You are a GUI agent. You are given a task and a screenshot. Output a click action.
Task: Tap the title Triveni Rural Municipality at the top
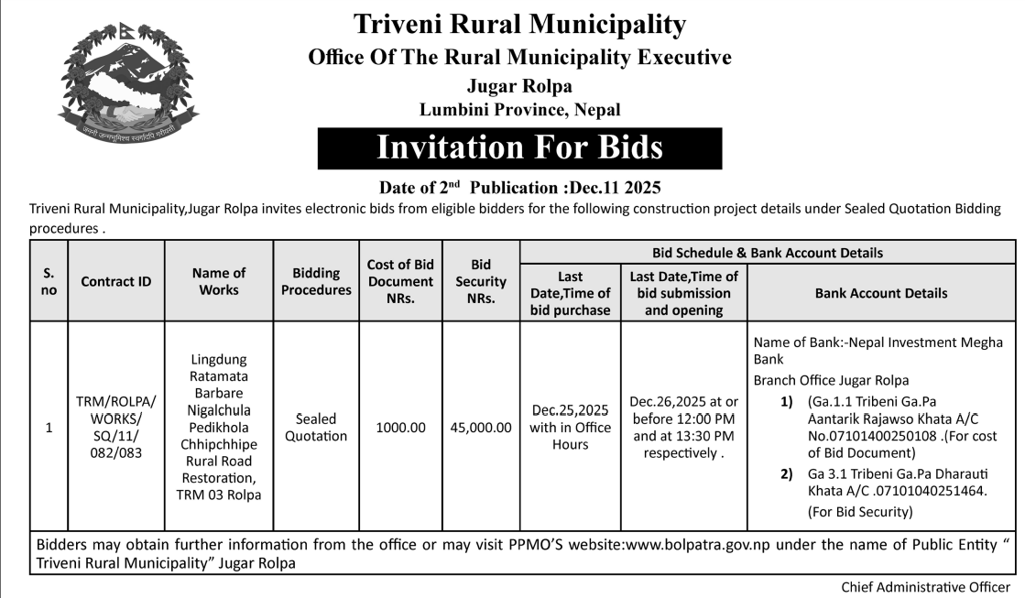pos(519,23)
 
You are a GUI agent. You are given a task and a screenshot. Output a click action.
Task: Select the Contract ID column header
pos(116,282)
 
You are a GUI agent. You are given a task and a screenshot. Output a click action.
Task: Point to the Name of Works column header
pos(218,281)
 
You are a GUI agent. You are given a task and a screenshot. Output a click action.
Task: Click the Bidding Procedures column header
pos(316,281)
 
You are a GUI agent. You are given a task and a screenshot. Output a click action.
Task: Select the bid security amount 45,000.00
pos(481,427)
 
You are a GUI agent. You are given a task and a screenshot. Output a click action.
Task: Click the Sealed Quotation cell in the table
pos(316,427)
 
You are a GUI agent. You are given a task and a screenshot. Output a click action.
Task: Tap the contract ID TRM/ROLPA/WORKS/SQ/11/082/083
pos(116,427)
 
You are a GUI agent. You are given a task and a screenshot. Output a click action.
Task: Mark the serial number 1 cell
pos(49,427)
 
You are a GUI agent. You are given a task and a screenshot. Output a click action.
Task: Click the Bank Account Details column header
pos(881,293)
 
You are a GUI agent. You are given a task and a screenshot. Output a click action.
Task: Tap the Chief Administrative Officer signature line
pos(926,586)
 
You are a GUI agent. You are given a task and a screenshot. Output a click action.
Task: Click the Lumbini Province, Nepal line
pos(519,110)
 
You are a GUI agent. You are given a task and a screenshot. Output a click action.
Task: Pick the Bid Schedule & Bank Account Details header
pos(768,252)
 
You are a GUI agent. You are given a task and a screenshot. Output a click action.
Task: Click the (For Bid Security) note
pos(860,511)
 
